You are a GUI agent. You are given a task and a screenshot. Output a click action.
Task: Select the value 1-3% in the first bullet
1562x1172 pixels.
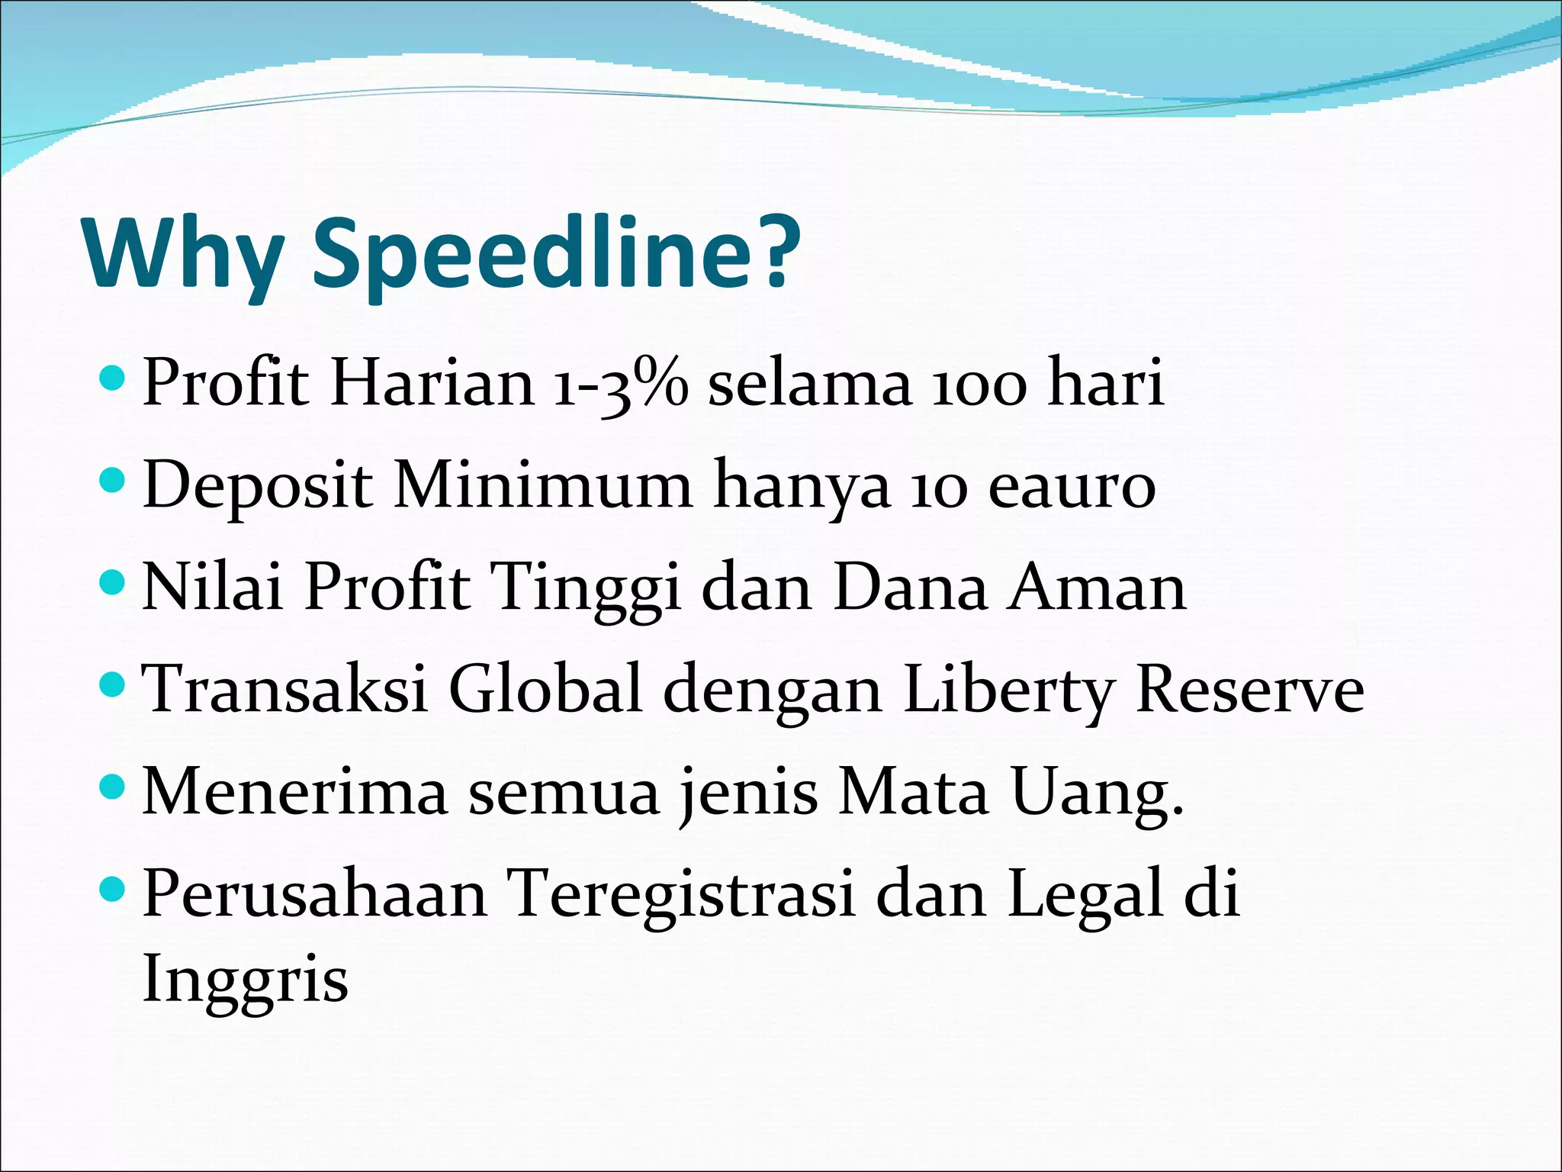tap(620, 383)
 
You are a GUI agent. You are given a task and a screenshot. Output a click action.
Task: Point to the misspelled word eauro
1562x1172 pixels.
tap(1072, 486)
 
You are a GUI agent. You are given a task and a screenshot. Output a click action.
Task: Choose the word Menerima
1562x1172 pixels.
tap(294, 792)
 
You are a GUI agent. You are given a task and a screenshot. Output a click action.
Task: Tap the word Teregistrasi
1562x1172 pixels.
tap(681, 895)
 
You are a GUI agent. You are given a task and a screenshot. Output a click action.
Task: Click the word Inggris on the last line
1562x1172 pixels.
tap(246, 980)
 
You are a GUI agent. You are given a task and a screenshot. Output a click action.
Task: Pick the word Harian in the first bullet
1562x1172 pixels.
tap(432, 383)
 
